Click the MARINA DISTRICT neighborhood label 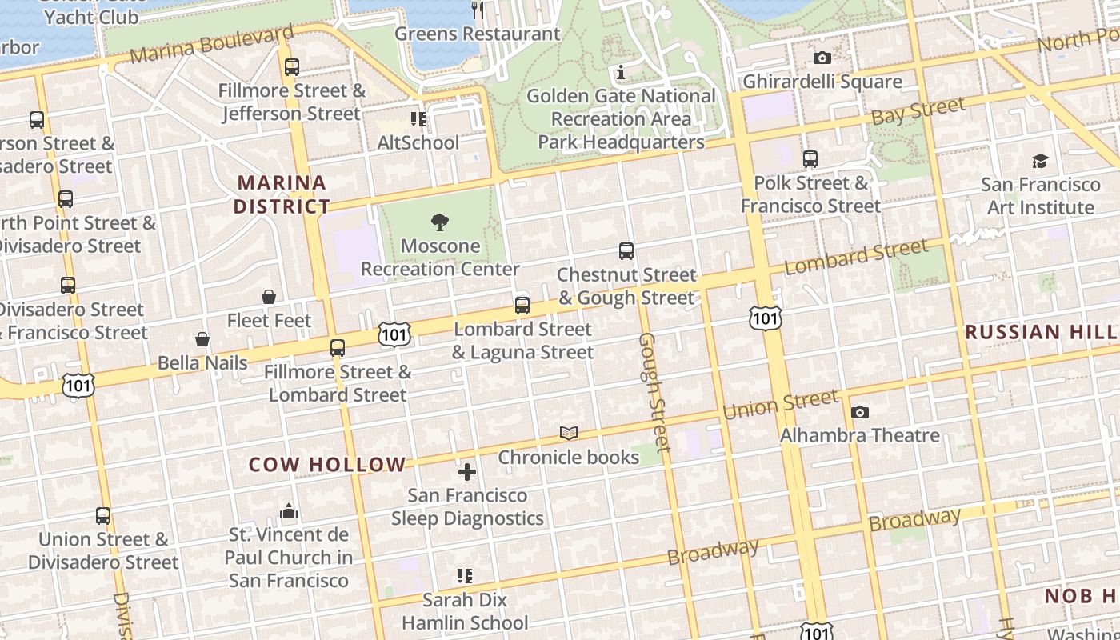(282, 194)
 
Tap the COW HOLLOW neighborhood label (327, 465)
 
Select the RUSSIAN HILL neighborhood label (1041, 332)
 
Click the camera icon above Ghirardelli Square (822, 58)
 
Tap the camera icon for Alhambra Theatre (859, 412)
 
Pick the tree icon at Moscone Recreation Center (439, 222)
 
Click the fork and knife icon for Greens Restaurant (478, 10)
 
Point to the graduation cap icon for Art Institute (1039, 161)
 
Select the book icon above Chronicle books (569, 434)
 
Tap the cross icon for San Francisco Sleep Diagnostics (467, 472)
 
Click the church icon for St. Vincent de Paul (289, 511)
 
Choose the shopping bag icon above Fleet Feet (269, 297)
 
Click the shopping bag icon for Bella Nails (202, 339)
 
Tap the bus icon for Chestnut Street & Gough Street (626, 251)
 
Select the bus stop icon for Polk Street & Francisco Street (810, 159)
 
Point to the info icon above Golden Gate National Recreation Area (621, 73)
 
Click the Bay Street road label (918, 111)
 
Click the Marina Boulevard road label (211, 45)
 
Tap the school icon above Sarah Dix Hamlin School (465, 576)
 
